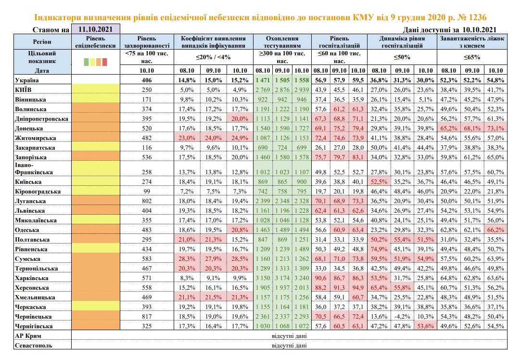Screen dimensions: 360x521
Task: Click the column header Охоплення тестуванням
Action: (x=282, y=42)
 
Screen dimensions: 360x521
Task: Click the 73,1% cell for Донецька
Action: (x=496, y=129)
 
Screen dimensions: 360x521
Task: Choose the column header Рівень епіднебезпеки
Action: (x=96, y=42)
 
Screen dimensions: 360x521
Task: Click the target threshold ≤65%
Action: (x=472, y=57)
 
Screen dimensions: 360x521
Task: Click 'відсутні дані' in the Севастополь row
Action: (x=289, y=345)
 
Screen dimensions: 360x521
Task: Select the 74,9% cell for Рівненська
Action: (x=379, y=249)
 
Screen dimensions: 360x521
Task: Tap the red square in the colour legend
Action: (x=105, y=62)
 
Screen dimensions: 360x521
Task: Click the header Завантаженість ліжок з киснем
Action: (x=472, y=42)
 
